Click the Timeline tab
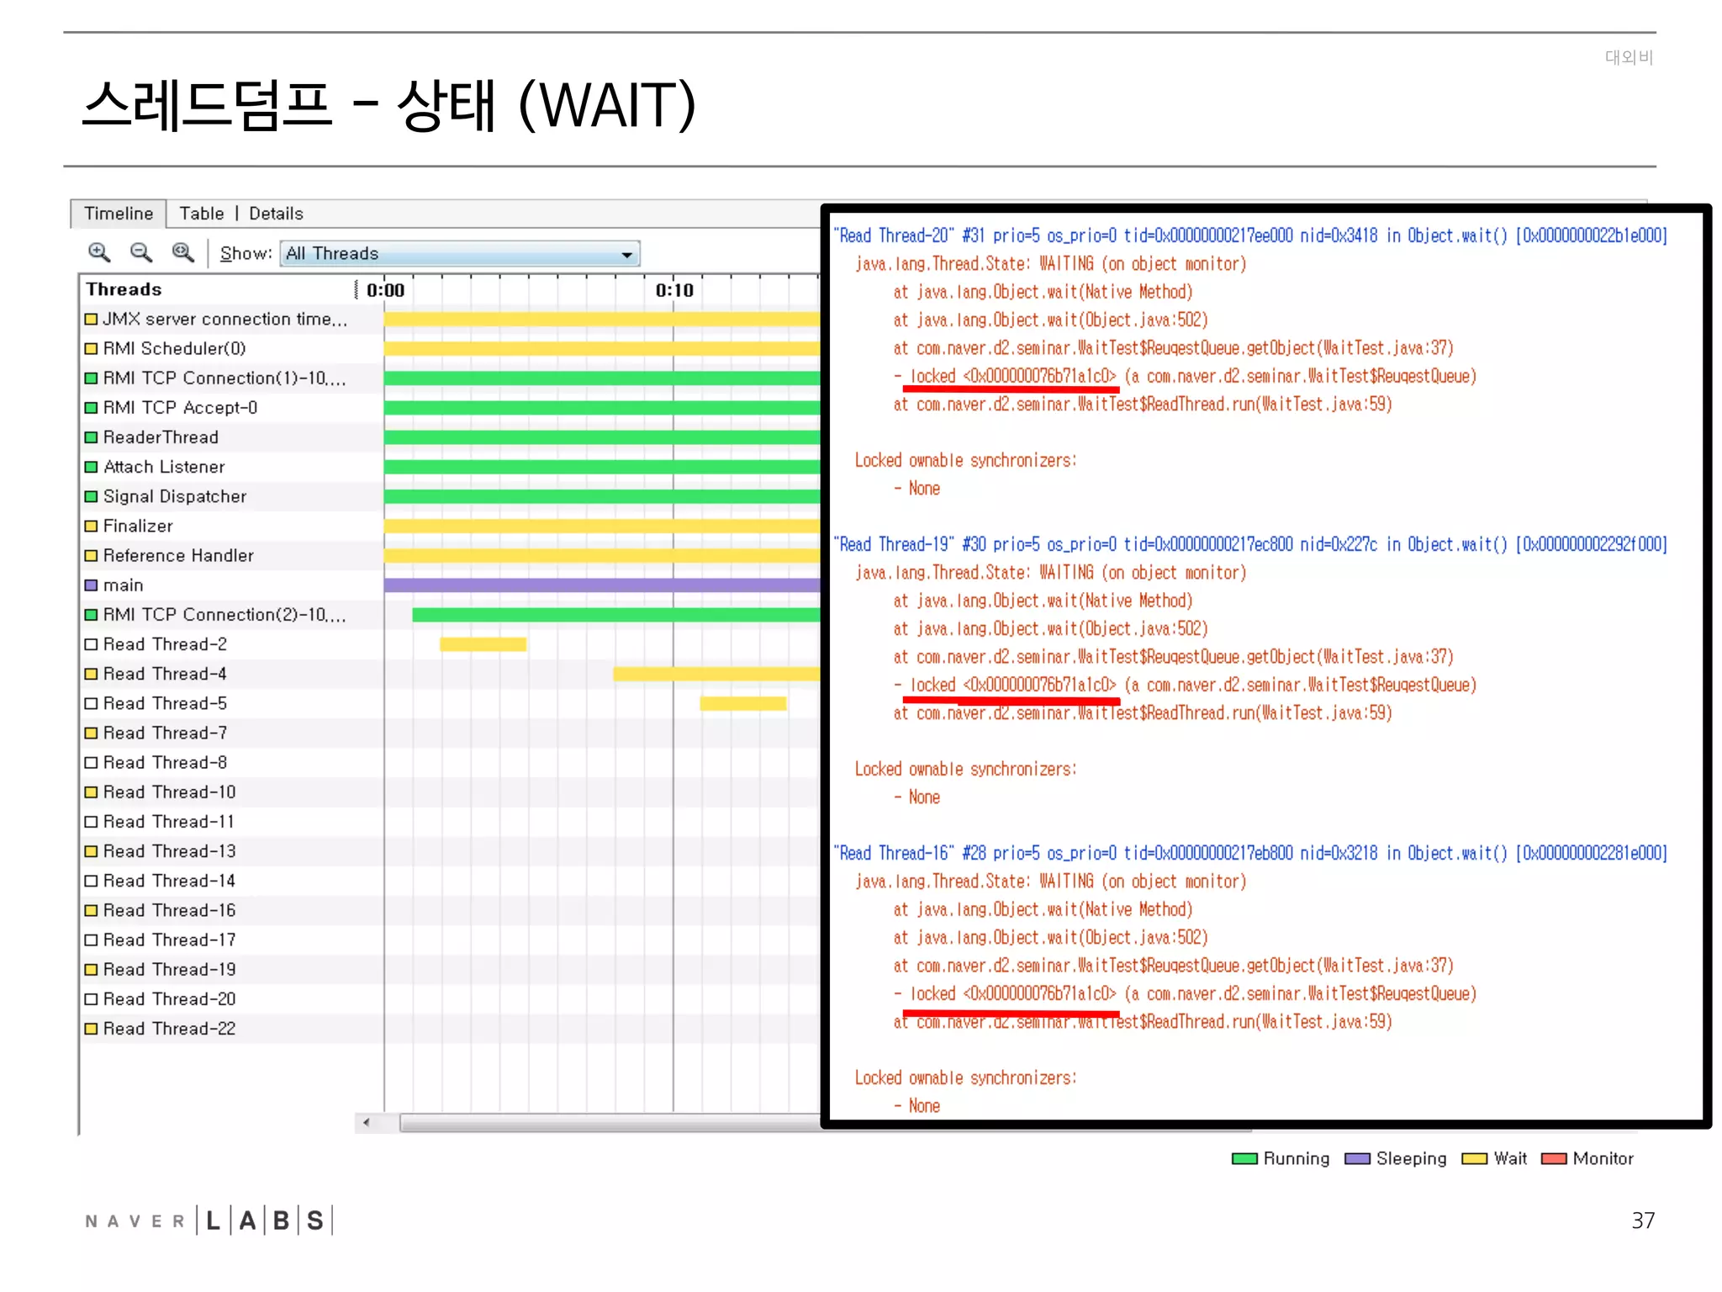point(119,214)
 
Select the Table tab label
point(202,214)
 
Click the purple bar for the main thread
point(601,585)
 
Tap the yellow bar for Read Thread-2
point(483,644)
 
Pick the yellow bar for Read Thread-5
point(743,703)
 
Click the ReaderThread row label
point(161,437)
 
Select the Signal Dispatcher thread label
point(175,496)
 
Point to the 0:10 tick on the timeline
point(674,290)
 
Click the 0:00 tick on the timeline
point(386,290)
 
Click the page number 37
point(1642,1221)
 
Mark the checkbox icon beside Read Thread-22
point(91,1029)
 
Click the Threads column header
point(124,289)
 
